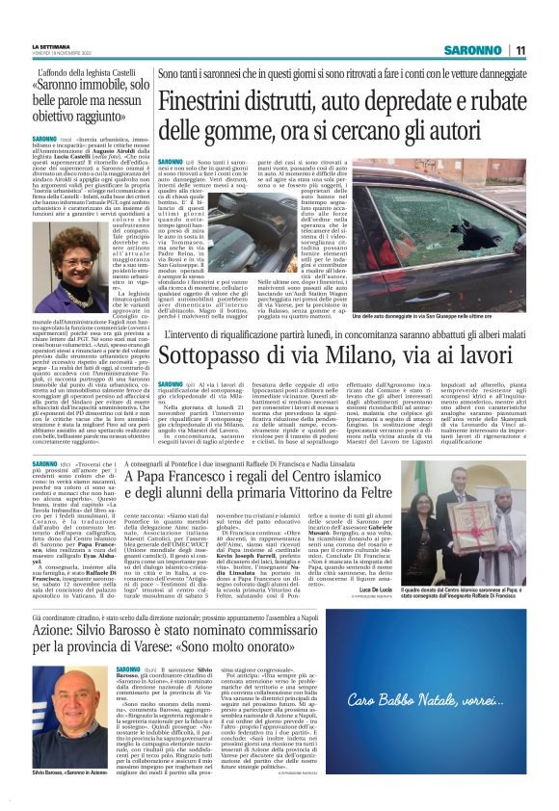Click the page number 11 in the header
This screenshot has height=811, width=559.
[519, 50]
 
